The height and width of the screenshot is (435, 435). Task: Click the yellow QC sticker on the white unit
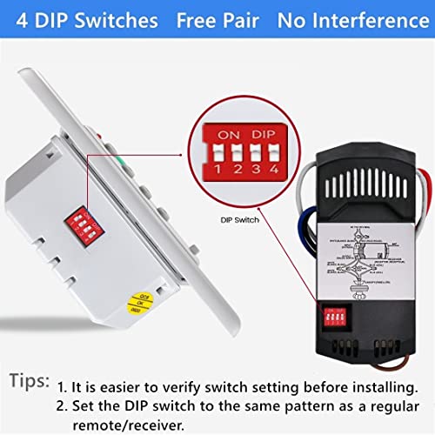pos(137,302)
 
